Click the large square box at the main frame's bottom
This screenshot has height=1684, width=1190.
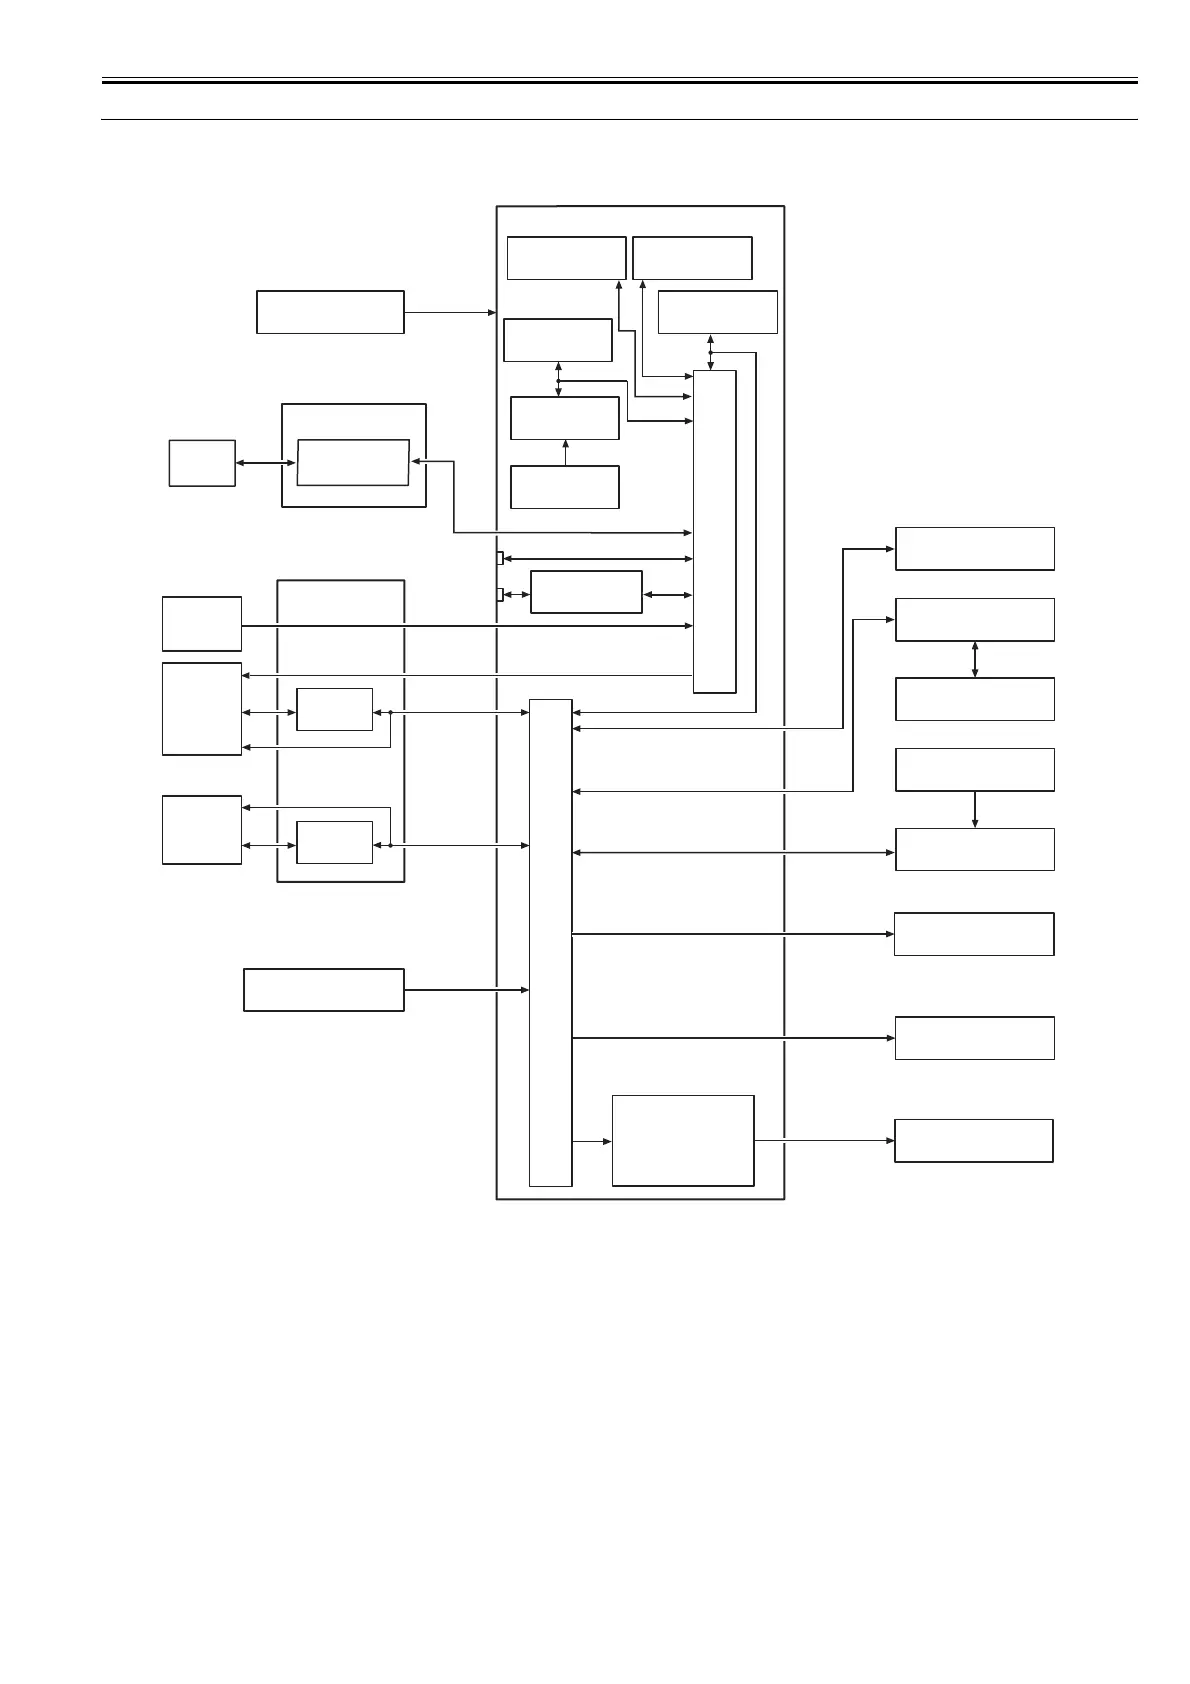(683, 1140)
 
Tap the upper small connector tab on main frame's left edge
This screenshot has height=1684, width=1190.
(500, 558)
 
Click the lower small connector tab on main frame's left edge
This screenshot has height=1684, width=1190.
(500, 595)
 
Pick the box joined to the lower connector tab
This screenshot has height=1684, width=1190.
(586, 592)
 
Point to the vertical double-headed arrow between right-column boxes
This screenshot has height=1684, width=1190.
(975, 659)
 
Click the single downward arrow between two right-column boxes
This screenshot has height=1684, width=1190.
(975, 809)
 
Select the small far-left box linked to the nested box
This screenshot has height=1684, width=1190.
(202, 463)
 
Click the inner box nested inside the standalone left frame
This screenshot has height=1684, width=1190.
(353, 462)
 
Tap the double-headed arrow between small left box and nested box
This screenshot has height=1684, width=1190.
(266, 462)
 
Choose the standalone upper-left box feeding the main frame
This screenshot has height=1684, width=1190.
(330, 312)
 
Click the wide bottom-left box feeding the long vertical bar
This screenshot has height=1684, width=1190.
(324, 990)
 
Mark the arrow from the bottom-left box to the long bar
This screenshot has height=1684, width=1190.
(466, 990)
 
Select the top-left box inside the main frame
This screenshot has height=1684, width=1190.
(566, 258)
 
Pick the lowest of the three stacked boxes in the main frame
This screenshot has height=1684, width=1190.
(565, 487)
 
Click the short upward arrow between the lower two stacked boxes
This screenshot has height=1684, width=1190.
(565, 452)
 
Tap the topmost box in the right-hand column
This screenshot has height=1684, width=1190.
(975, 549)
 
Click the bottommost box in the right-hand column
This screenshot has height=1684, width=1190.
(974, 1141)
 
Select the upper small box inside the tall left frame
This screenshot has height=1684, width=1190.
(335, 709)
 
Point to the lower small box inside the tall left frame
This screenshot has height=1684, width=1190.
(335, 842)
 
